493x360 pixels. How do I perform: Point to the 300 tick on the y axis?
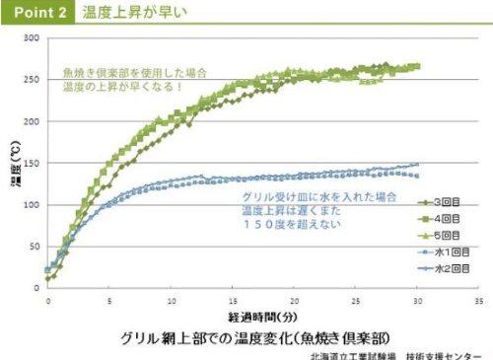click(30, 38)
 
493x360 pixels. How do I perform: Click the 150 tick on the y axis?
click(30, 163)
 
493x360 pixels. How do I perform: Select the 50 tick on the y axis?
click(32, 247)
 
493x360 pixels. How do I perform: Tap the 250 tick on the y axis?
click(30, 80)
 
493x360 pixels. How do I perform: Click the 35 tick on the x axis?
click(477, 298)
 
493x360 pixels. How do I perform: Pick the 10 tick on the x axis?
click(171, 298)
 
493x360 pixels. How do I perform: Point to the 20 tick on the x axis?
click(293, 298)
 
